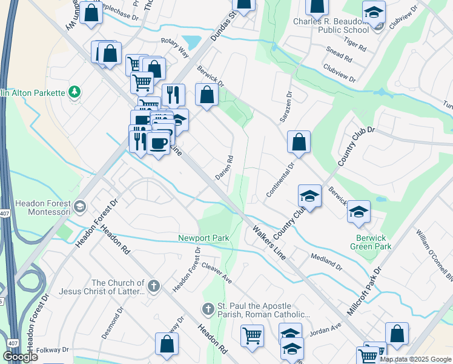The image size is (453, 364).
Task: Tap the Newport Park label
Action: [203, 238]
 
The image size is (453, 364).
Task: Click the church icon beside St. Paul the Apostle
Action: [208, 309]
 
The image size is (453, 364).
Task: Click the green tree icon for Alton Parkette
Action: [74, 92]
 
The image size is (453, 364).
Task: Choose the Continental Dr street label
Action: [280, 179]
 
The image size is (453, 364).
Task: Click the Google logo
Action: [20, 357]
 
